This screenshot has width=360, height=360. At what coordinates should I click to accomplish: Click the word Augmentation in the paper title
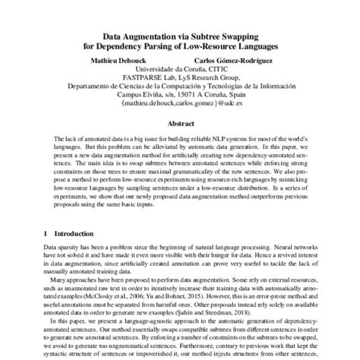(x=156, y=33)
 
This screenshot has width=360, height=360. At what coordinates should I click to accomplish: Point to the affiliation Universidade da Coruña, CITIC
(x=179, y=68)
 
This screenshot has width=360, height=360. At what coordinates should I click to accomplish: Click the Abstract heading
(x=179, y=122)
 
